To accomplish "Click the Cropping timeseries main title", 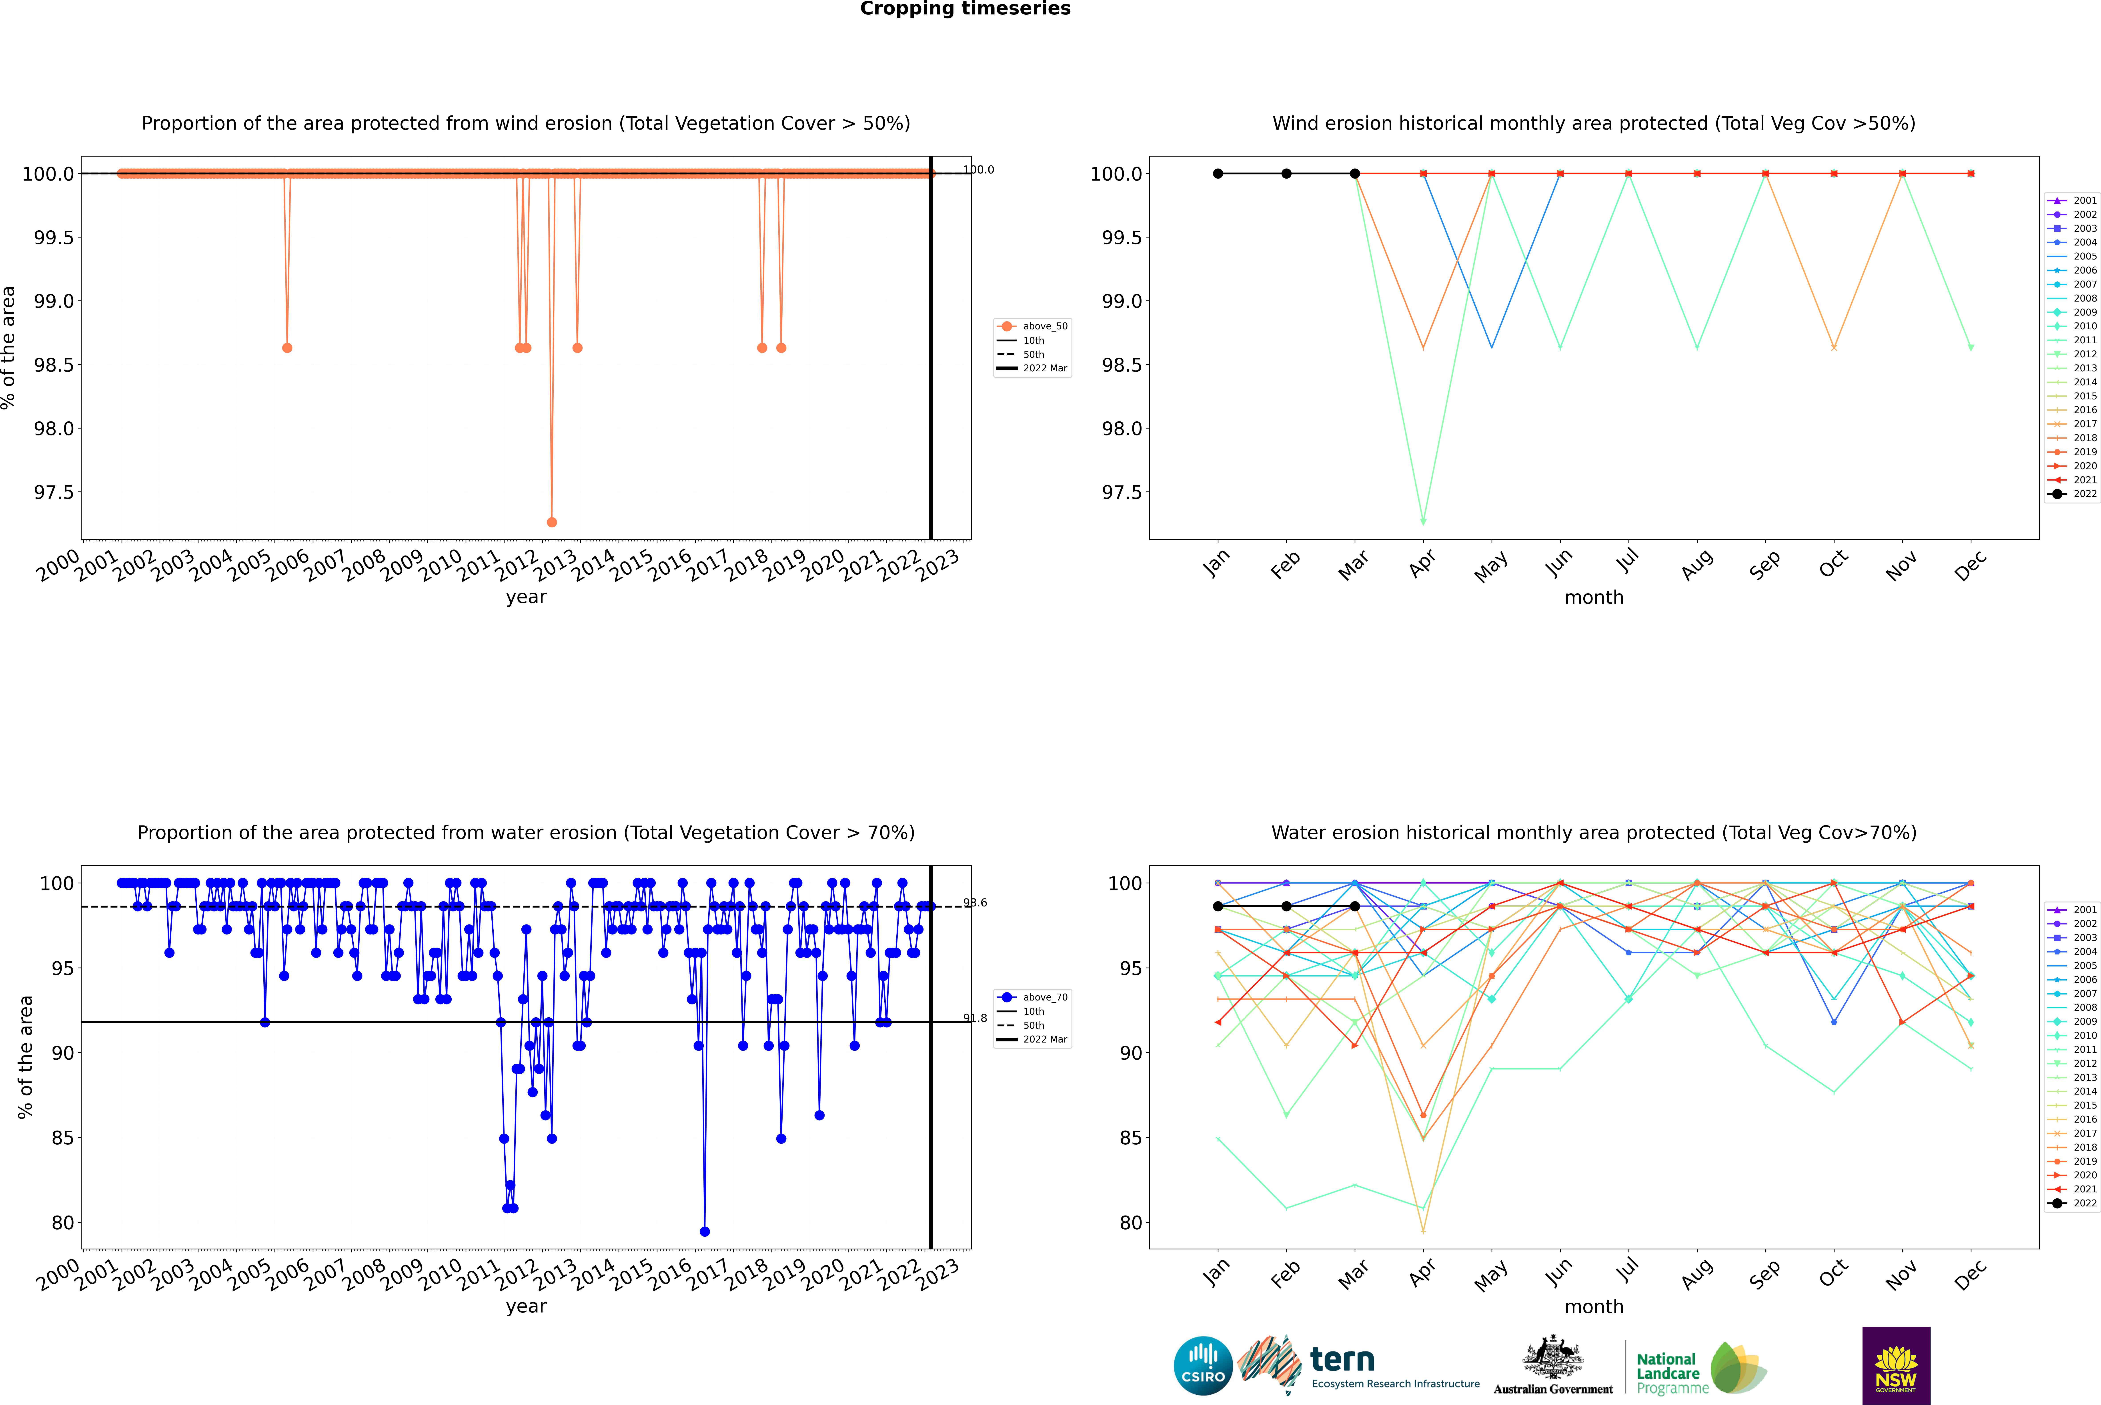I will point(965,9).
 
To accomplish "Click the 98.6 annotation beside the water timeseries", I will point(975,903).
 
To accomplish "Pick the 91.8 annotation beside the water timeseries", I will point(975,1018).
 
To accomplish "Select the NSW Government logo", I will point(1896,1366).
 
